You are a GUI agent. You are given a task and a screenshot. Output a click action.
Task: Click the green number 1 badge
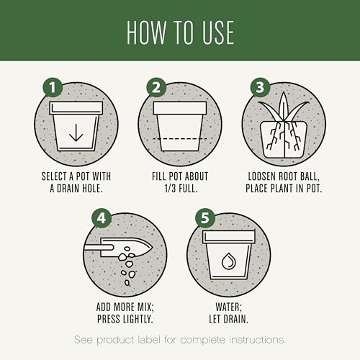click(53, 87)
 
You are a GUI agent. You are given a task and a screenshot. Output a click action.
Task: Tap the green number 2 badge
click(156, 87)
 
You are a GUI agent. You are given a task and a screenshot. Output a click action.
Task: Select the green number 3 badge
click(261, 87)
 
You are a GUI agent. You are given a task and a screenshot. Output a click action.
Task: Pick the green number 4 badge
click(102, 218)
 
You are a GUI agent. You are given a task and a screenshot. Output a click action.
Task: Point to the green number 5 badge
click(205, 218)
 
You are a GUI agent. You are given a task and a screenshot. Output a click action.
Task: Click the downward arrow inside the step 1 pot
click(76, 132)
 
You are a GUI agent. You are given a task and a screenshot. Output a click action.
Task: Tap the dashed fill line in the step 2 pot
click(180, 139)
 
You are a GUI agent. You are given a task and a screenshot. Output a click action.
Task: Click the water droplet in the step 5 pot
click(228, 261)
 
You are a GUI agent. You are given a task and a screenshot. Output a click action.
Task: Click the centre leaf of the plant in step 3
click(284, 106)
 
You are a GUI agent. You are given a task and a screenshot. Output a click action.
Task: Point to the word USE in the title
click(218, 32)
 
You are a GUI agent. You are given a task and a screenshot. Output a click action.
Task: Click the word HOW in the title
click(146, 32)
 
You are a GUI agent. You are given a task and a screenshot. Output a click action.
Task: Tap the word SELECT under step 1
click(54, 176)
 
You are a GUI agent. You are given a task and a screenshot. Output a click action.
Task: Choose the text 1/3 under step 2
click(170, 189)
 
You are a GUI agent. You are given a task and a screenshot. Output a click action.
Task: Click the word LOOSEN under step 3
click(262, 176)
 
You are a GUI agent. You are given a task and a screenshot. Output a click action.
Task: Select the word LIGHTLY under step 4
click(138, 319)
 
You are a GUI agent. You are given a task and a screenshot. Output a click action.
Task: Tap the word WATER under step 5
click(228, 307)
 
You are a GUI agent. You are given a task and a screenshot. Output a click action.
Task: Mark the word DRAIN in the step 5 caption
click(235, 319)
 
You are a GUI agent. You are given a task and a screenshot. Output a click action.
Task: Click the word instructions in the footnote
click(257, 340)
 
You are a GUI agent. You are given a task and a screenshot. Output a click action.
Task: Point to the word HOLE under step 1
click(92, 189)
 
